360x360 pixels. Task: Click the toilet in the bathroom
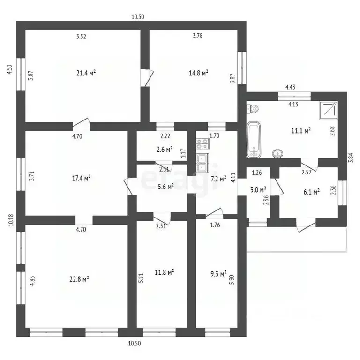coord(253,109)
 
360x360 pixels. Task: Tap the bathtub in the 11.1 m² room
coord(254,140)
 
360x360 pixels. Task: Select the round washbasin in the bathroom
coord(277,152)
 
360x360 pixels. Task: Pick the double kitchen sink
coord(202,163)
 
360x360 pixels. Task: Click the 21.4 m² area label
coord(86,73)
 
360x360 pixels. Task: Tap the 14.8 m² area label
coord(198,73)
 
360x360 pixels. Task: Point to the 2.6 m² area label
coord(165,150)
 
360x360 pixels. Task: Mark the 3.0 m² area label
coord(258,189)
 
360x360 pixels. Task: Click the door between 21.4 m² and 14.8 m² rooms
coord(146,77)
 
